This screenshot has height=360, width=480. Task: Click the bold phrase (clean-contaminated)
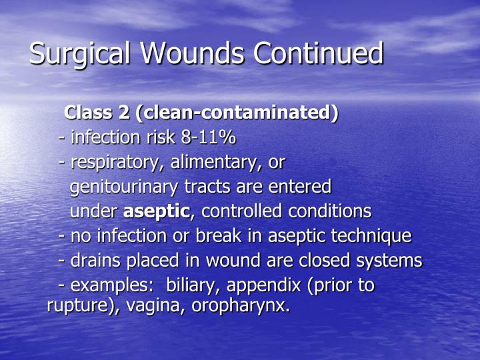click(237, 113)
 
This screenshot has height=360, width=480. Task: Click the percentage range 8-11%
click(208, 137)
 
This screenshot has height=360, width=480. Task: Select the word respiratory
click(117, 162)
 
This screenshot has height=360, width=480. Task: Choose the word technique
click(375, 236)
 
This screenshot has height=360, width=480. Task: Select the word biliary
click(193, 286)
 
